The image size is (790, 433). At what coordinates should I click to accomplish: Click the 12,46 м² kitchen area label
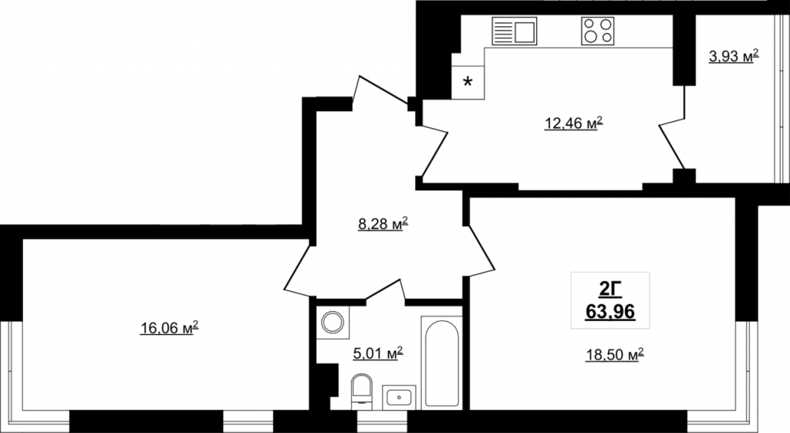(573, 123)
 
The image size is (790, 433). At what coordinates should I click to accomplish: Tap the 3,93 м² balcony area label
(734, 56)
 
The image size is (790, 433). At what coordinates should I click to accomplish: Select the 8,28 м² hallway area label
(383, 224)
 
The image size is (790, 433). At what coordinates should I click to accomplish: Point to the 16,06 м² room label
(169, 328)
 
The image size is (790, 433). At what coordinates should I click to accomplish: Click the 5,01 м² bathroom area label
(378, 354)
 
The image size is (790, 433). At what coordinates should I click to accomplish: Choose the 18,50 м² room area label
(615, 355)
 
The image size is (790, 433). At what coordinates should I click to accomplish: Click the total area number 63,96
(610, 313)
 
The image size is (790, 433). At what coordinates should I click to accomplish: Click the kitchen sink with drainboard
(515, 31)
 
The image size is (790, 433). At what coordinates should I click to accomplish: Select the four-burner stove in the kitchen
(598, 31)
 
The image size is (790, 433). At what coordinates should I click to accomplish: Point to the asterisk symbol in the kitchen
(468, 82)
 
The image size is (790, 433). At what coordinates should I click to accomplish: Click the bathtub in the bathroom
(442, 363)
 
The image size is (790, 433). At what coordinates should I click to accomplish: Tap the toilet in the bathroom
(361, 390)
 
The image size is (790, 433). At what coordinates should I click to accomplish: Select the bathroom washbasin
(399, 397)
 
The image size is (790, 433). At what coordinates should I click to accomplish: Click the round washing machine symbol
(333, 323)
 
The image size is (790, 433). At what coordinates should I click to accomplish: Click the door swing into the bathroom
(386, 291)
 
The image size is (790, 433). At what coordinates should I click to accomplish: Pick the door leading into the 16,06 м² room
(297, 269)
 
